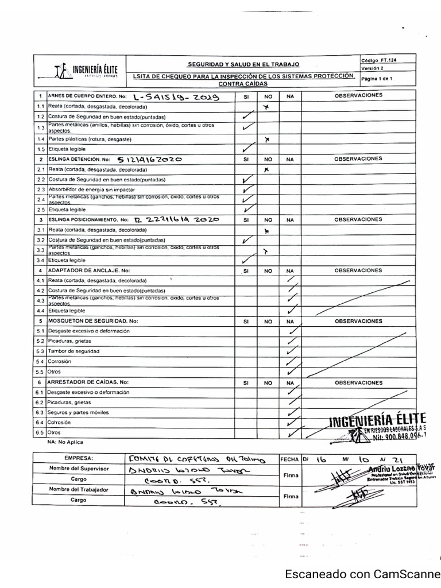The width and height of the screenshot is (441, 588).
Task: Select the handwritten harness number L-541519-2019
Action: pyautogui.click(x=176, y=97)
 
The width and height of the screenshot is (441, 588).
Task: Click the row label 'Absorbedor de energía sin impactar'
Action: pyautogui.click(x=92, y=189)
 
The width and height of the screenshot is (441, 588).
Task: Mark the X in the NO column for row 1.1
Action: pyautogui.click(x=266, y=107)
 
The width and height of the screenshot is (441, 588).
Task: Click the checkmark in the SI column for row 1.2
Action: pyautogui.click(x=247, y=117)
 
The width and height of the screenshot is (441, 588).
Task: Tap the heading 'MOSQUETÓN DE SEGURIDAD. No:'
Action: pyautogui.click(x=93, y=321)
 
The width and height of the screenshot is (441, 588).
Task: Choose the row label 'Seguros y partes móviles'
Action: pyautogui.click(x=79, y=412)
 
